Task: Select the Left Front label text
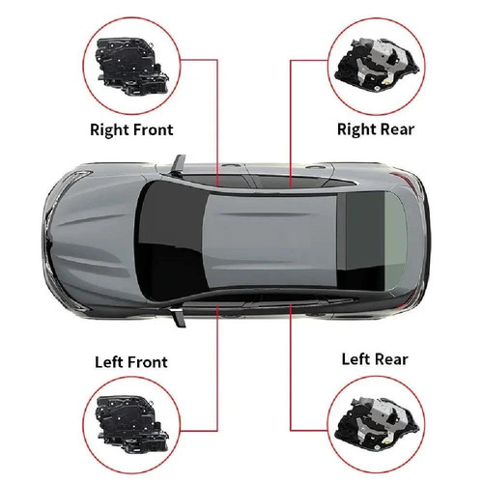click(130, 362)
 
